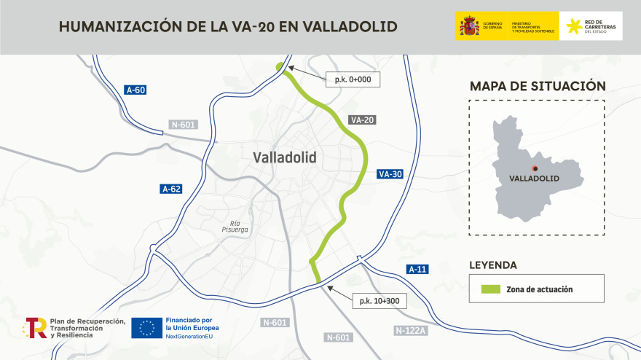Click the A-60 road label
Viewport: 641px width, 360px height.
click(136, 90)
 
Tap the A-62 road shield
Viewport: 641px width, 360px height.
click(170, 189)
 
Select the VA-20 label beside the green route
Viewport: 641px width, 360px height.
click(361, 120)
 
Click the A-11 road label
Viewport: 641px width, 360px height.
click(417, 270)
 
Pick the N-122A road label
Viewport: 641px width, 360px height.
click(410, 330)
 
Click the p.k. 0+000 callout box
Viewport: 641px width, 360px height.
click(353, 79)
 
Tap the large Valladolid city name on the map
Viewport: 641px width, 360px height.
click(285, 157)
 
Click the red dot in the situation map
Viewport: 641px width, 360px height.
click(535, 168)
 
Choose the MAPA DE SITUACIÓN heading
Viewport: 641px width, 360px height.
click(538, 86)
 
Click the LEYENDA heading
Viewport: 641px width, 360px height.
click(493, 265)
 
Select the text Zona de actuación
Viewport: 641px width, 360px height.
click(539, 289)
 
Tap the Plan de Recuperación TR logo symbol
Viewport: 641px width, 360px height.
click(36, 328)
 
